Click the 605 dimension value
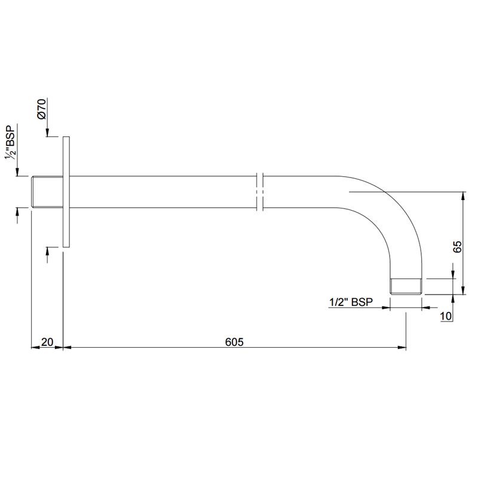pos(234,342)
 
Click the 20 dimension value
pos(47,342)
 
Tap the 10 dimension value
pos(445,316)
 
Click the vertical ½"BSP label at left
pos(10,143)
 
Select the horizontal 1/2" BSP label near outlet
pos(351,302)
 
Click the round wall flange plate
pos(66,191)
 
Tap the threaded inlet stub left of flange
pos(46,192)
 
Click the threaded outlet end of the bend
pos(406,286)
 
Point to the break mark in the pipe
pos(259,192)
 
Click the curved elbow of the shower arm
pos(388,215)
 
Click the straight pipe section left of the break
pos(161,192)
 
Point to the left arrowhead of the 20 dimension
pos(34,347)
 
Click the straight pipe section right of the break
pos(299,192)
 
